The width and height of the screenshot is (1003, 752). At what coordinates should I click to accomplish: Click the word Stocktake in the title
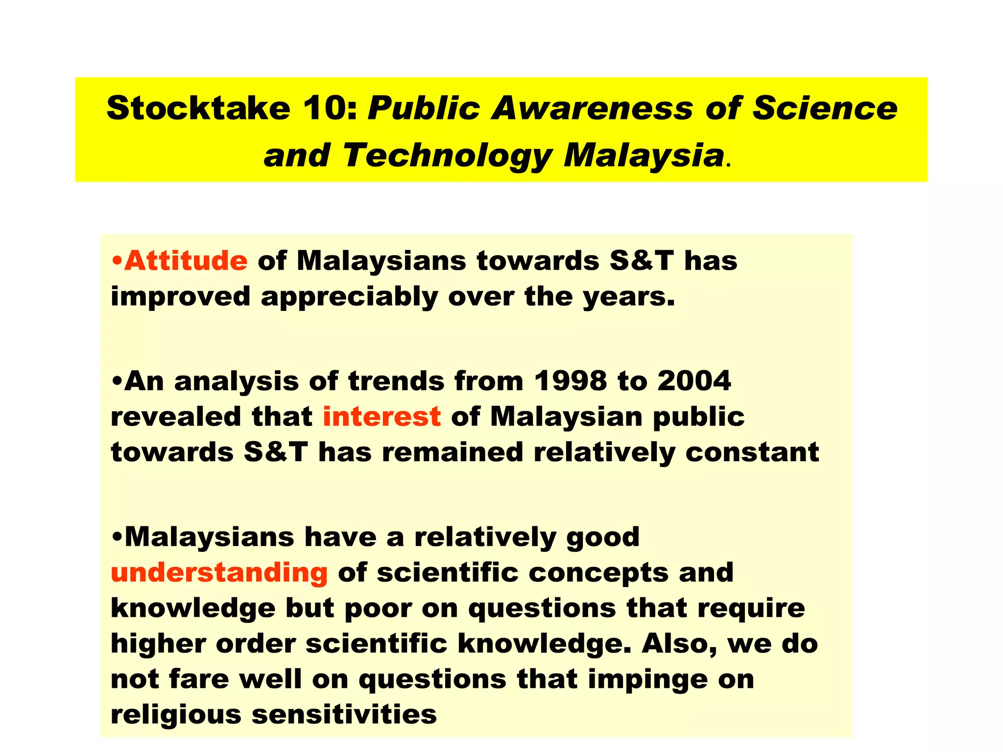198,108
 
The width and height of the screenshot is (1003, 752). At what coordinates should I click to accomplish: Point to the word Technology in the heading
447,156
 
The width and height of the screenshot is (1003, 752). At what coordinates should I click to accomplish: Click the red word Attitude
186,260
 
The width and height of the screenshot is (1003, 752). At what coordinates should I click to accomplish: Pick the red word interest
382,417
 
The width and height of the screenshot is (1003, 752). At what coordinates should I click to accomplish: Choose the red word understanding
219,572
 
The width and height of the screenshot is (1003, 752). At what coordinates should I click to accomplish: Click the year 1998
570,381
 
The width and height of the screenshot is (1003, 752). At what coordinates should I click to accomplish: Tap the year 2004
694,381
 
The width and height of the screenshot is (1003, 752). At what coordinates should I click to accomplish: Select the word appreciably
349,297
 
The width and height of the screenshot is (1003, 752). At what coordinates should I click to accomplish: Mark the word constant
752,452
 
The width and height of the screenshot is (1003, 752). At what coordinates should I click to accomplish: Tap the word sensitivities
344,714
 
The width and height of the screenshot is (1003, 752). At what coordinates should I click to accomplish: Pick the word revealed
176,417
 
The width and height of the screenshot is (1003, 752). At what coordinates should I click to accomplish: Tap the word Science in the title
825,108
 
